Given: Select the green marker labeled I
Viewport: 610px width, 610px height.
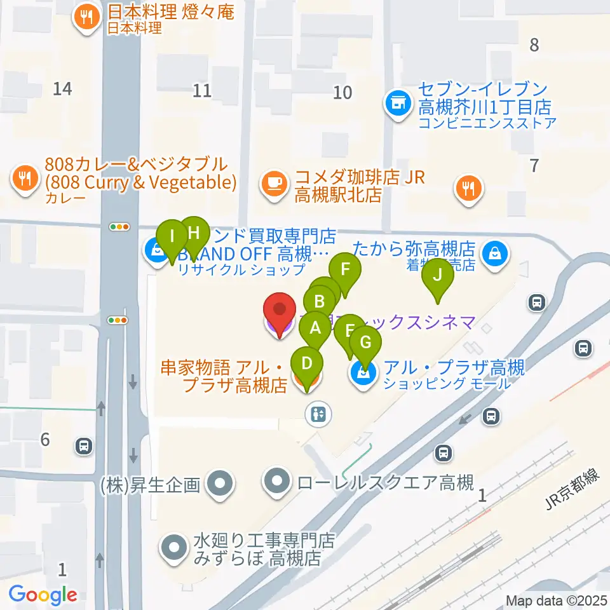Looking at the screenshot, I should [x=172, y=239].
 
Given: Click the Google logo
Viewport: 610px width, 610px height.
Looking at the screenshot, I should [x=43, y=595].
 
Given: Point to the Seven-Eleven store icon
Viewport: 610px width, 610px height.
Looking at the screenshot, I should [x=398, y=101].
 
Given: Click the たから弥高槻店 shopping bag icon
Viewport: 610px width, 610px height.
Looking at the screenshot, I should [x=494, y=254].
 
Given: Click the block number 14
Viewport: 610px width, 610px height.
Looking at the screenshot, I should [x=62, y=89].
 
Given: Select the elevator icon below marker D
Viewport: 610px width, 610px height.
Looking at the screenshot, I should [x=318, y=414].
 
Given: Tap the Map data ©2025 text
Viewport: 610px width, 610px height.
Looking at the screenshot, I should [x=552, y=600].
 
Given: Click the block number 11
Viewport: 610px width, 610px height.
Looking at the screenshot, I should [x=202, y=90].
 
